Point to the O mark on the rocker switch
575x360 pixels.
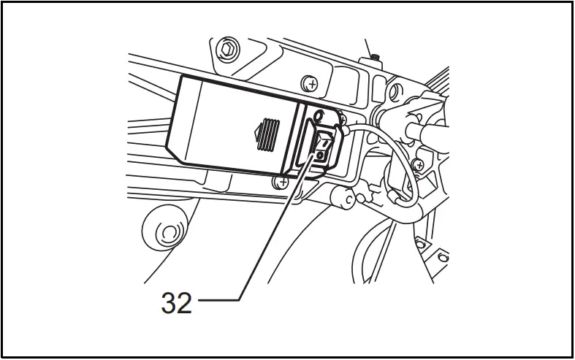pyautogui.click(x=319, y=156)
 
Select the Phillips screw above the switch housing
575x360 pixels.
pyautogui.click(x=312, y=85)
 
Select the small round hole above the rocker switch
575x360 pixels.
pyautogui.click(x=318, y=115)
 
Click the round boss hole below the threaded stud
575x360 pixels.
pyautogui.click(x=395, y=91)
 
